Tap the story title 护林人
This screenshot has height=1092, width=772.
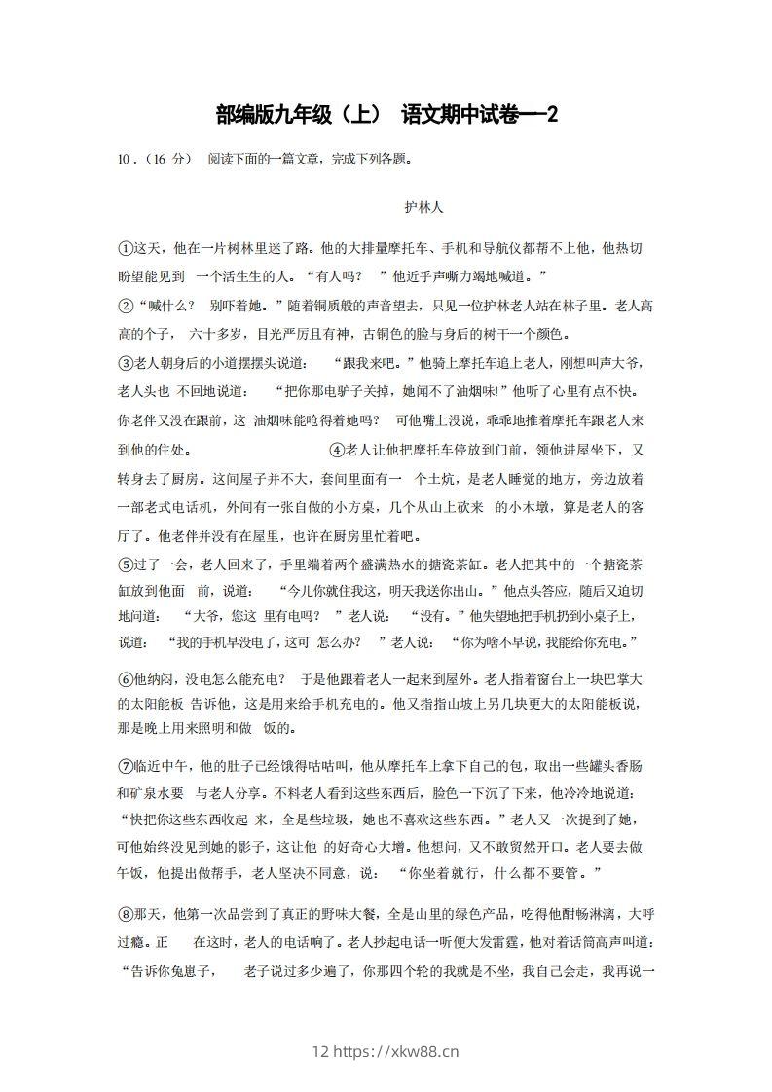coord(424,207)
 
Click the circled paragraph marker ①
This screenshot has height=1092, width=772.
coord(125,248)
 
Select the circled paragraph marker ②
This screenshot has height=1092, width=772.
coord(125,306)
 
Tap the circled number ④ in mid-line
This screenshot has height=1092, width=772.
coord(338,450)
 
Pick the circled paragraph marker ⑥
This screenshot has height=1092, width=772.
coord(125,678)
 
